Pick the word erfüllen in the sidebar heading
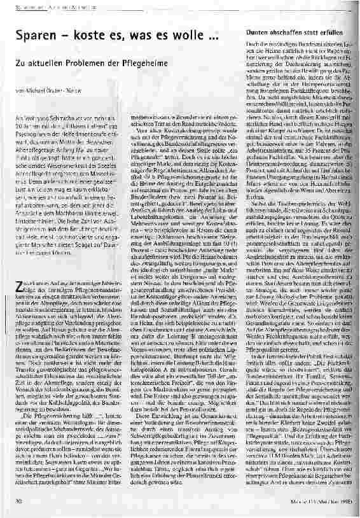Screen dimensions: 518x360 pyautogui.click(x=341, y=32)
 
